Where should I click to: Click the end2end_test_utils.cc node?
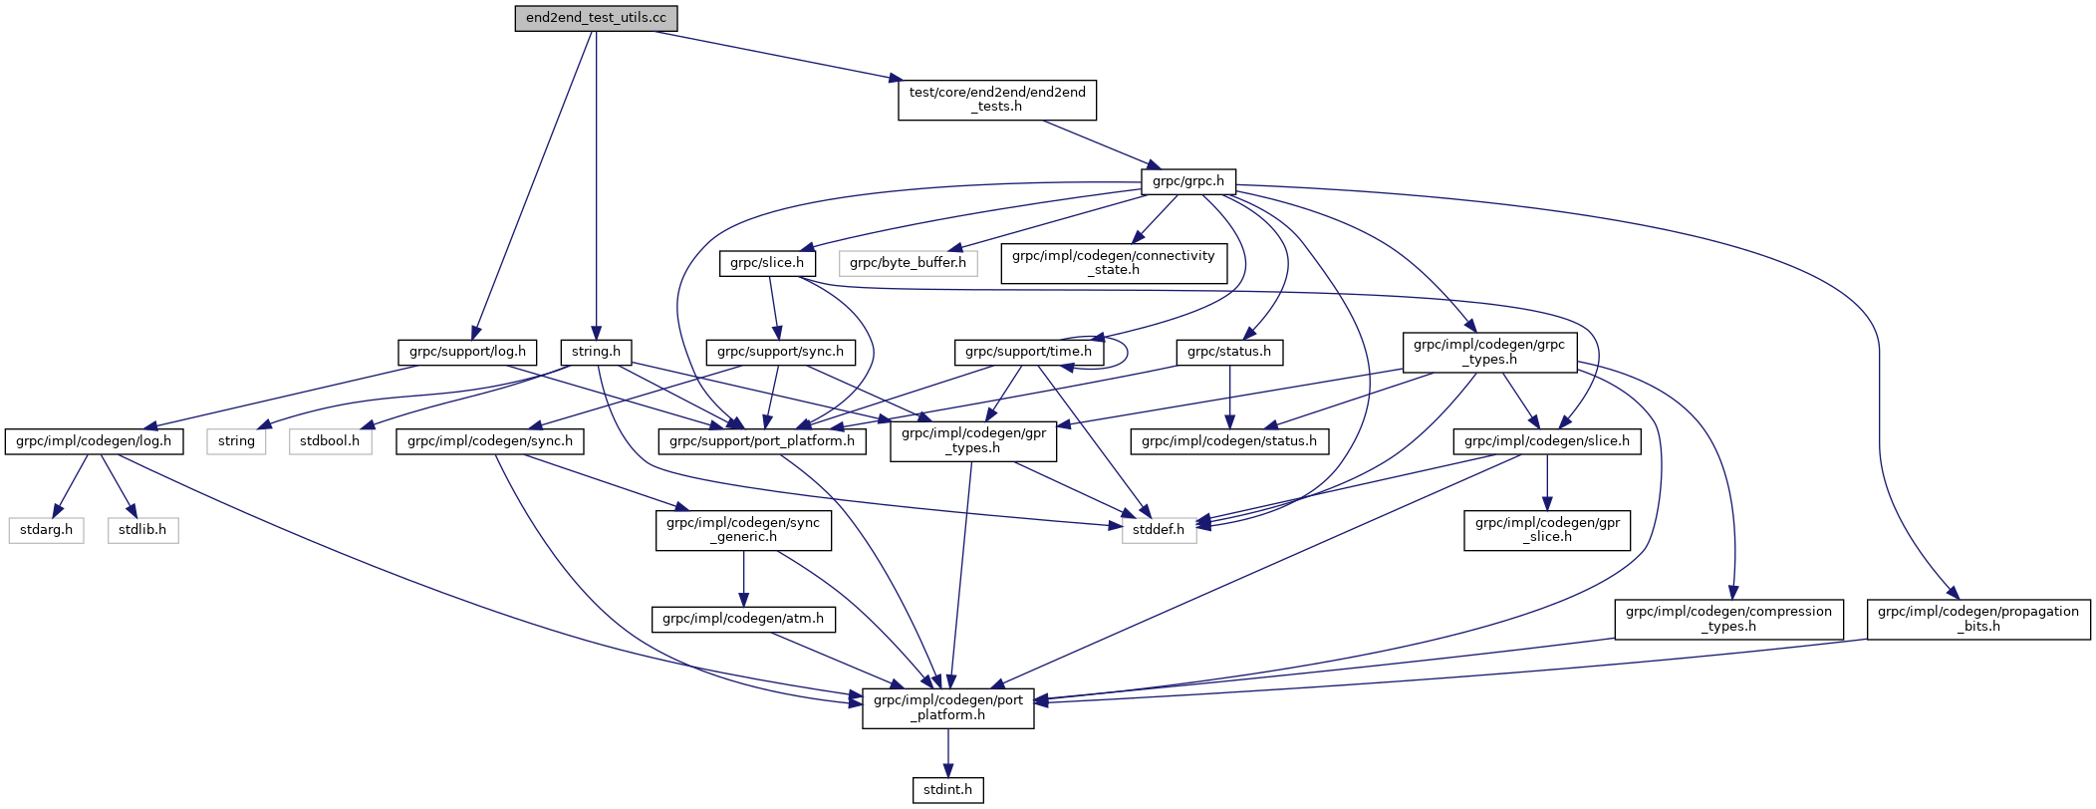click(596, 19)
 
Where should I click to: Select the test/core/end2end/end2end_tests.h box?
click(996, 100)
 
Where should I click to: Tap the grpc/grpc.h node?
click(1187, 181)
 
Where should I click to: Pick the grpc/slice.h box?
click(767, 263)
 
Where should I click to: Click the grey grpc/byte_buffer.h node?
click(908, 263)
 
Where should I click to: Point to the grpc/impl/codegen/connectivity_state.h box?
click(1113, 263)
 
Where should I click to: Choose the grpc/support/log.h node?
click(467, 352)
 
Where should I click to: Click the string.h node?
click(596, 352)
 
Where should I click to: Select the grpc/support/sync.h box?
click(780, 352)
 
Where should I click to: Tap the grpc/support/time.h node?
click(1028, 352)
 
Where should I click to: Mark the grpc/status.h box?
click(1229, 352)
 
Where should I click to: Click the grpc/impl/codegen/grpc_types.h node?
click(1489, 352)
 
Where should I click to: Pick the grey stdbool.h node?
click(331, 441)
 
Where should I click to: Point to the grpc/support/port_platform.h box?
click(762, 441)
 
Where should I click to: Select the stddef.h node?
click(1159, 530)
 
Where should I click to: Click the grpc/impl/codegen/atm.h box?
click(743, 619)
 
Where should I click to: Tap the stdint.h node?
click(947, 790)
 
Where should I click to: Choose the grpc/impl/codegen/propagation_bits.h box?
click(1977, 619)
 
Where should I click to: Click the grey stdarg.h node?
click(47, 530)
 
